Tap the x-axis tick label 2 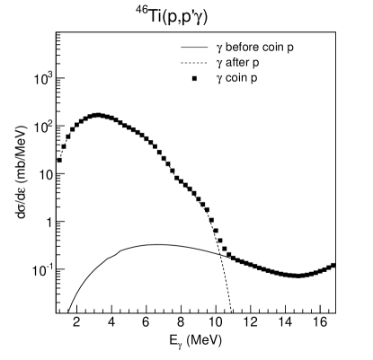[x=76, y=322]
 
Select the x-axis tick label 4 [x=111, y=322]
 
